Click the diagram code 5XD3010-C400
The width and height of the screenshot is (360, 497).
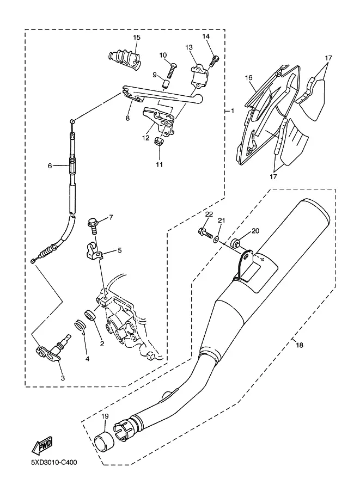click(54, 463)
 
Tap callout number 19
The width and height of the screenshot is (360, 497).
click(105, 416)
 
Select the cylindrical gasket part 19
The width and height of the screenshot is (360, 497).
click(105, 440)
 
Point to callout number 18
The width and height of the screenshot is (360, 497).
click(300, 345)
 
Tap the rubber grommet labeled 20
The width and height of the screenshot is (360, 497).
click(235, 243)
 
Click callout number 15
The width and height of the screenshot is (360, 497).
click(137, 38)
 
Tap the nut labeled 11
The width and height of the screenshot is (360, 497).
click(159, 141)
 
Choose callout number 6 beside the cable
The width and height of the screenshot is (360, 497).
click(50, 166)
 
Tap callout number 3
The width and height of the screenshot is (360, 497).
click(63, 378)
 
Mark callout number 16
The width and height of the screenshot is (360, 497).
click(249, 78)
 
